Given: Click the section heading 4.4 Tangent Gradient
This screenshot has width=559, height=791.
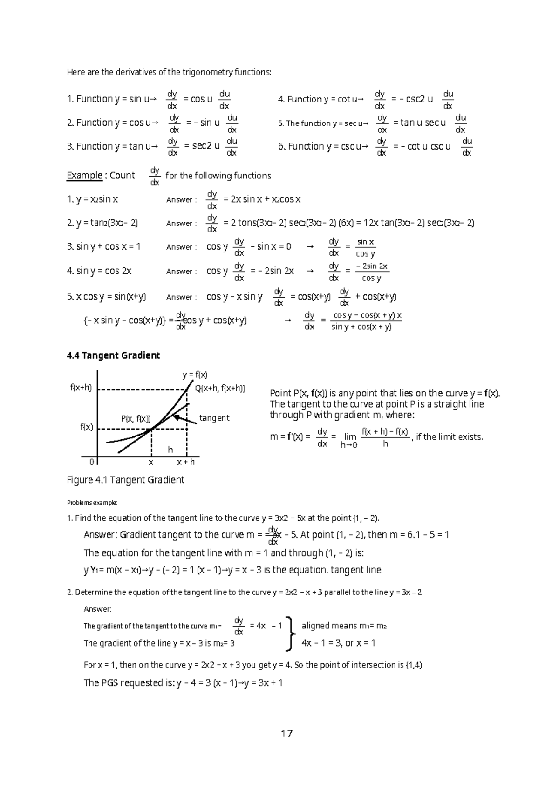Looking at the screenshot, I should pos(113,355).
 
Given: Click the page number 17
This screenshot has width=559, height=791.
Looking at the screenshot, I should pos(286,734).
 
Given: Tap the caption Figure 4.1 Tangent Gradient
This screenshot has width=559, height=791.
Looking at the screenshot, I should pos(126,480).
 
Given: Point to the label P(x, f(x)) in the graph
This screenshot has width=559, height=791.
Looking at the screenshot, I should pos(136,418).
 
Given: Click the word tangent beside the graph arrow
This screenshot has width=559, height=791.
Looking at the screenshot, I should pos(214,418).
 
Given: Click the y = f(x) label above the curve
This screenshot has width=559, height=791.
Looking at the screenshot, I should pos(195,375).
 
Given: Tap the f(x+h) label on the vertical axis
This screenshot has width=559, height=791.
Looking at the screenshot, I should pos(81,388).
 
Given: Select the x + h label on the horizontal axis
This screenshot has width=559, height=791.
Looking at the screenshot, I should pos(186,462).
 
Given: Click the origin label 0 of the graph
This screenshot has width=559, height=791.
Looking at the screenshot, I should pos(91,462).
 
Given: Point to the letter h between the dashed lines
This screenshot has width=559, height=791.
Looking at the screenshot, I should pos(170,450).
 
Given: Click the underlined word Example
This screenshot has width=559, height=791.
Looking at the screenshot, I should pos(84,176).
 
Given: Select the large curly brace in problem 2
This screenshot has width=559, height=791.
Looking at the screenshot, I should pos(292,634).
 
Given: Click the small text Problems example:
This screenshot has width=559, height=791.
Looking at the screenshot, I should pos(92,503).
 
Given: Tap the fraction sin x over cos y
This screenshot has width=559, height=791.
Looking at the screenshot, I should pos(365,247).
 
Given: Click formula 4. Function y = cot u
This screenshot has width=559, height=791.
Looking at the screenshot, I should pos(320,99).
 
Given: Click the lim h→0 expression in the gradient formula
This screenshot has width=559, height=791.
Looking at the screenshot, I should pos(349,440).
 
